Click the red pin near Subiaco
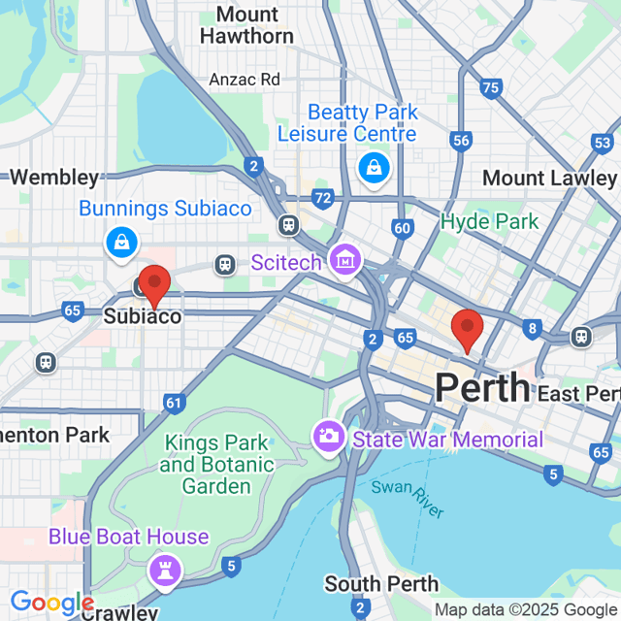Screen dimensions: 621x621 coord(154,285)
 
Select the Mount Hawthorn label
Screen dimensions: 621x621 coord(246,25)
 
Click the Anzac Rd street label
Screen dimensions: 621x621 coord(244,80)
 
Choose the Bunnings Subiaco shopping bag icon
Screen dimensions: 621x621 coord(120,243)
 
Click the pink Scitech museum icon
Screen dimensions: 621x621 coord(343,259)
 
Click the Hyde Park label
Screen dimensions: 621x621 coord(489,222)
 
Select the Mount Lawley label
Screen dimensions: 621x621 coord(549,179)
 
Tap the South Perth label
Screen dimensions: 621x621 coord(381,584)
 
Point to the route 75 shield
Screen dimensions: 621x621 coord(490,88)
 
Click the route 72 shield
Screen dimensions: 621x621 coord(323,198)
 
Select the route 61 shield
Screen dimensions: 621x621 coord(174,402)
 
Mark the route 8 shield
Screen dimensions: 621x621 coord(532,328)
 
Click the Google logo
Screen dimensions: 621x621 coord(51,604)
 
